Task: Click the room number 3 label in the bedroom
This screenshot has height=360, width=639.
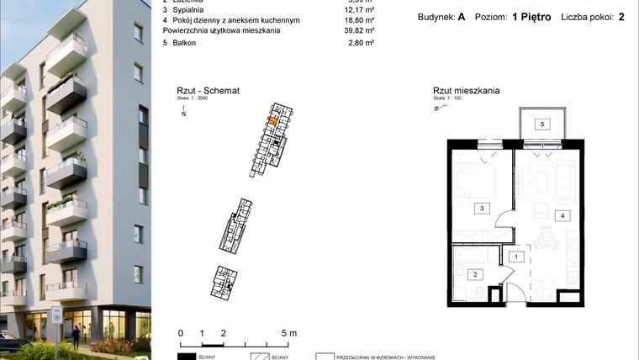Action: (x=481, y=208)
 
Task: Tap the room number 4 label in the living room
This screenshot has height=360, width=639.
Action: (x=562, y=215)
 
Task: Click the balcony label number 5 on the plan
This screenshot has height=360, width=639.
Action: (x=542, y=124)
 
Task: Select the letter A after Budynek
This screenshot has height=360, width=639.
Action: (x=462, y=17)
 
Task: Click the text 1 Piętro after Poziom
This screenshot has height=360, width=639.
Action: (x=531, y=17)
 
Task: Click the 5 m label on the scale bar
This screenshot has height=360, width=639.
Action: (x=288, y=333)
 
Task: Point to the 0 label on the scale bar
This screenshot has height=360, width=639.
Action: (x=181, y=333)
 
